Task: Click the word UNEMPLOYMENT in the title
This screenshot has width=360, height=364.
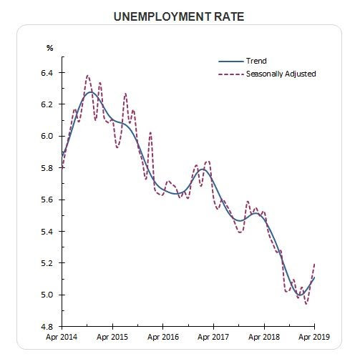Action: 162,16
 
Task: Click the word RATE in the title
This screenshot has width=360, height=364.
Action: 229,16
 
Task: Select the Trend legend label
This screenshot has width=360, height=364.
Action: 256,61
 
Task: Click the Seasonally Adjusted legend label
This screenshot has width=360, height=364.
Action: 281,74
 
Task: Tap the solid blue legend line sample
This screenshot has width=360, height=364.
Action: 230,62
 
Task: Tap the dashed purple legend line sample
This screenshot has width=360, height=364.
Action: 230,74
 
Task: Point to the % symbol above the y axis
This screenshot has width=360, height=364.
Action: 49,48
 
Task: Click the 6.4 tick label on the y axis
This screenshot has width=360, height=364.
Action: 47,73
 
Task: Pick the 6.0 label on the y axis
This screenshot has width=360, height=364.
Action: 47,136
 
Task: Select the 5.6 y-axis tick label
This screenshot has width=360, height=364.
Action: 47,200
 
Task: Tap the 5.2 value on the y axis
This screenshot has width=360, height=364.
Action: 47,263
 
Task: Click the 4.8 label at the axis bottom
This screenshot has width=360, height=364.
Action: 47,327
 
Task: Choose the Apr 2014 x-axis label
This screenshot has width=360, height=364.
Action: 62,337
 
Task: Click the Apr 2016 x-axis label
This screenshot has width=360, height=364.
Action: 163,337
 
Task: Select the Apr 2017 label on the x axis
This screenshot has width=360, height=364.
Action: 213,337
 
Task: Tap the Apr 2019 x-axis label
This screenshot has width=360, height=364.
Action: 314,337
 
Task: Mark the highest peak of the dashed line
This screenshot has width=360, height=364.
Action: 88,76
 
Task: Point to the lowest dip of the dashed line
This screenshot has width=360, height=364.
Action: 306,304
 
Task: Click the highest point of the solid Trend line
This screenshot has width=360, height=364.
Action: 91,92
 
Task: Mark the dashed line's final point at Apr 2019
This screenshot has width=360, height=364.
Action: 315,264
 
